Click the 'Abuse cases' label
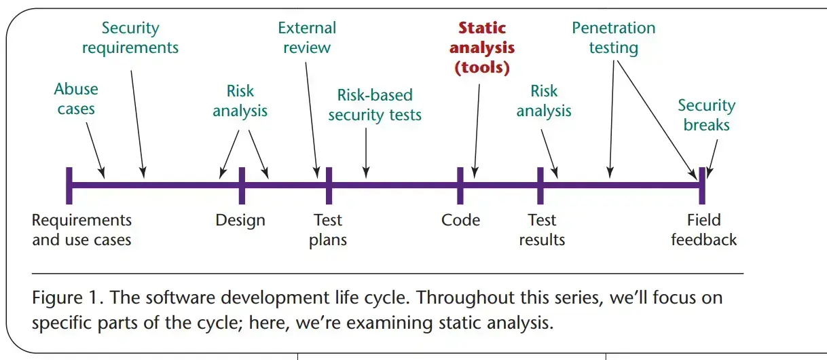(x=76, y=99)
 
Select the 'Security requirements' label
(x=130, y=37)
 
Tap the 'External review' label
(x=307, y=37)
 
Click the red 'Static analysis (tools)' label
(x=482, y=48)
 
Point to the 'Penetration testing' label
(x=614, y=37)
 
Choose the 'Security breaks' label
(x=707, y=115)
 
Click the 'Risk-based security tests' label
(x=375, y=105)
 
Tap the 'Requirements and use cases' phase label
(x=81, y=230)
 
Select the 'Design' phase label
(x=240, y=220)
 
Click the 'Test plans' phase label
(x=328, y=230)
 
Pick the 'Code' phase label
(x=460, y=220)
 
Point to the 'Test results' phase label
(x=542, y=230)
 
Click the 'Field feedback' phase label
(x=703, y=230)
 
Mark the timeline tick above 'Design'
(x=242, y=185)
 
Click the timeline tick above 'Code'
(x=460, y=185)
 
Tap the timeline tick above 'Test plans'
(x=329, y=185)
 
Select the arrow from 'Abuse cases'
(x=96, y=150)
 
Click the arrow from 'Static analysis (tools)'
(x=477, y=131)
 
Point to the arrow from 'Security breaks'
(x=712, y=159)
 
